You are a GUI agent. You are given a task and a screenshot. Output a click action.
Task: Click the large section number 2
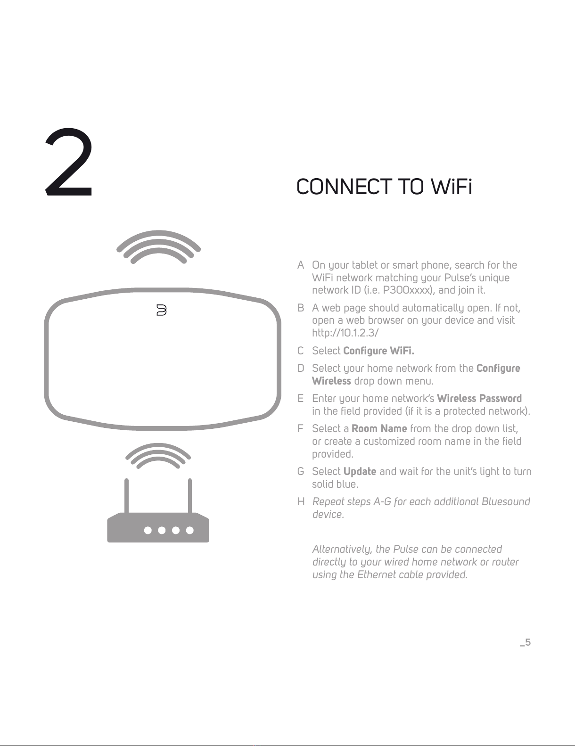pos(69,162)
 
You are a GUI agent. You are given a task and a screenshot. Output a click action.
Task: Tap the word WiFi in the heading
pos(451,187)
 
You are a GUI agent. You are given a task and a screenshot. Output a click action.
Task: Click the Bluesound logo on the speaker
pos(161,310)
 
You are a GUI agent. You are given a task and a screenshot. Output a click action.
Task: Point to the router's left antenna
pos(126,496)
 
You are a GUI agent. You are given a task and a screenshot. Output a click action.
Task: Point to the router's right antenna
pos(190,496)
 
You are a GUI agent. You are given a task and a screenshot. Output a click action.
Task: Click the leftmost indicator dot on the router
pos(148,531)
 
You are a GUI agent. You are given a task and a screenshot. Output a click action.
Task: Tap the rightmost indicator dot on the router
pos(190,531)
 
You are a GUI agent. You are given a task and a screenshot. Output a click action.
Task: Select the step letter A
pos(301,265)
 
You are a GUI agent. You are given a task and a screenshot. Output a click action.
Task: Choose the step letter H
pos(301,501)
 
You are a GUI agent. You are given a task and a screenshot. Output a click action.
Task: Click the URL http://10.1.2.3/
pos(345,333)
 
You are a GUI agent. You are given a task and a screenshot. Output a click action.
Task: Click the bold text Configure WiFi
pos(378,351)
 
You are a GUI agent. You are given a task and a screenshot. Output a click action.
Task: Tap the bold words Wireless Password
pos(479,398)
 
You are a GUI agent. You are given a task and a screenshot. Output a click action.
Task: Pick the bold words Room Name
pos(379,428)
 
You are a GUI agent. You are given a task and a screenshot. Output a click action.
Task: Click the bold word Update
pos(360,472)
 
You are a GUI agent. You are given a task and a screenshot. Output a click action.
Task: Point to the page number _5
pos(525,642)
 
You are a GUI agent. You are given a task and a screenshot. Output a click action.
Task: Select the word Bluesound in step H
pos(506,501)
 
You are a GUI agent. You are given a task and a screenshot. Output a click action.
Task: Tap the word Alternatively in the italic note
pos(342,549)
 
